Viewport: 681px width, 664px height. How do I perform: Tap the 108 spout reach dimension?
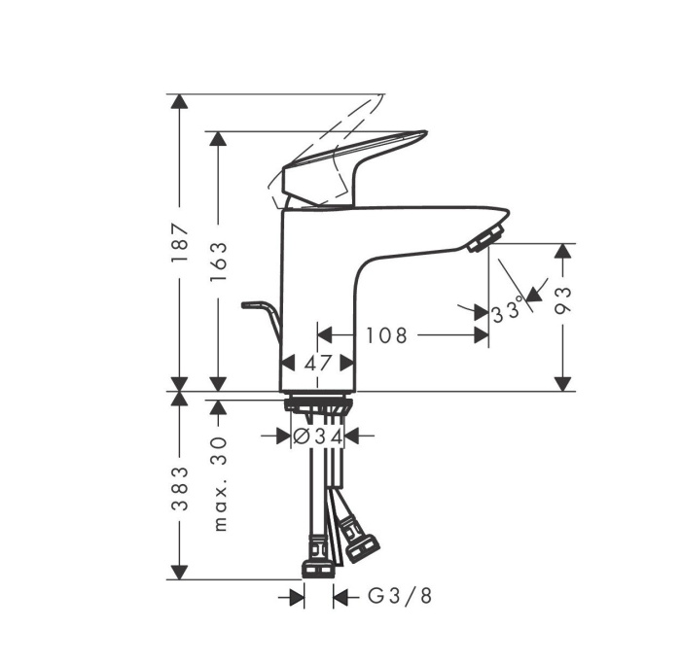[386, 335]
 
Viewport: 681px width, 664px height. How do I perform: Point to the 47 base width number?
[316, 363]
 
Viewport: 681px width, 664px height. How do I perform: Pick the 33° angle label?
[508, 310]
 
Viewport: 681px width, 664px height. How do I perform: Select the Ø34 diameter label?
[318, 437]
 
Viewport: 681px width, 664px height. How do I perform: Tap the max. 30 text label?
[220, 482]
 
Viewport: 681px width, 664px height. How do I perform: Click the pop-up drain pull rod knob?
[249, 304]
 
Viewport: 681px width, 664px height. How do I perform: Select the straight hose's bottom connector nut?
[318, 567]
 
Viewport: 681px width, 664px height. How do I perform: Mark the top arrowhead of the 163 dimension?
[219, 140]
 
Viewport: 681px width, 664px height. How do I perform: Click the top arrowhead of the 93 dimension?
[562, 252]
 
